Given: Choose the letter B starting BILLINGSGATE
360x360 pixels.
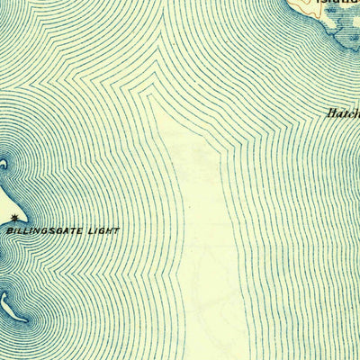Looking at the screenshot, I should click(9, 231).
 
